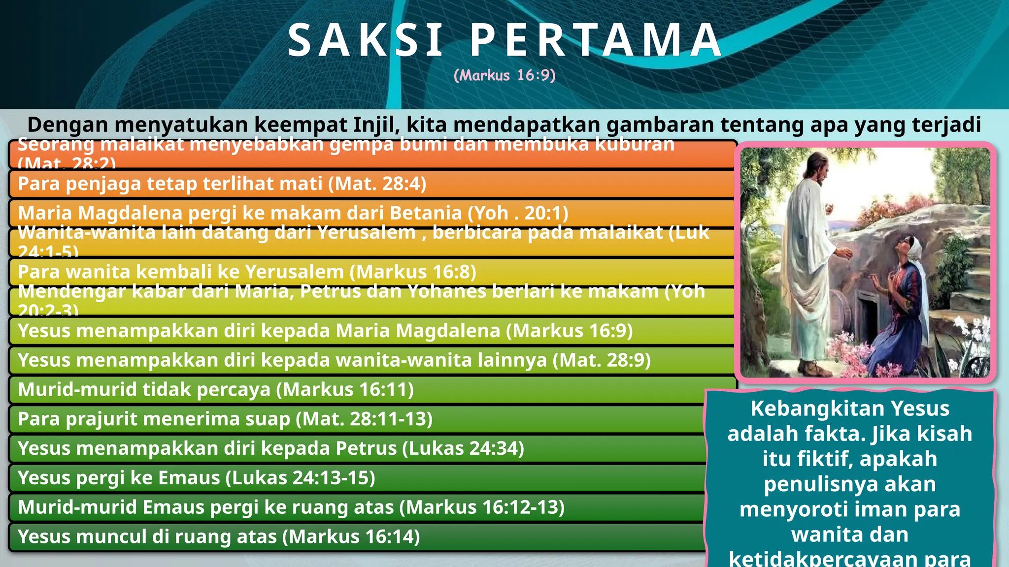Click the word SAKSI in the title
[x=366, y=40]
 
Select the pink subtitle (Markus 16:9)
[x=504, y=75]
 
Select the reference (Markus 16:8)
[x=416, y=272]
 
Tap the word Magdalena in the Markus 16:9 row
[x=448, y=330]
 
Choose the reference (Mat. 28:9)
[x=602, y=360]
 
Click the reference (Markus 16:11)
[x=345, y=389]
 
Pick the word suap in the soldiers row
[x=269, y=419]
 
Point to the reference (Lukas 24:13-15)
[x=300, y=478]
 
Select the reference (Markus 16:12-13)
[x=482, y=507]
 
